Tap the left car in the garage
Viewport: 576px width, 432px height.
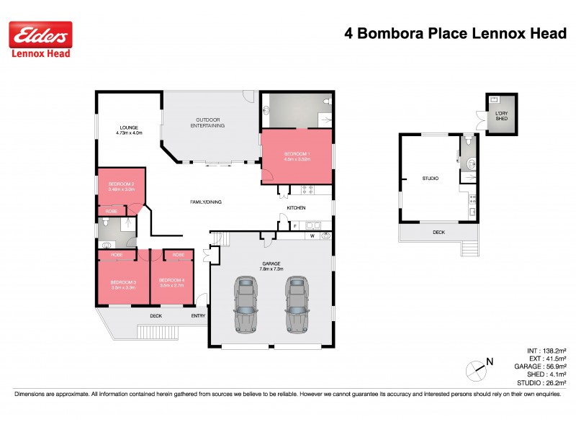[246, 303]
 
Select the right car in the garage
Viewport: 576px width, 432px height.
[297, 303]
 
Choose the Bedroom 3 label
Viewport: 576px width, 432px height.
[123, 283]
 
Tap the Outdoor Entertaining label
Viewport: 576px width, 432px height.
[209, 122]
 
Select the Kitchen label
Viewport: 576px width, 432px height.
[297, 208]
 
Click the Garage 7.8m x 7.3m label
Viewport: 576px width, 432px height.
[271, 266]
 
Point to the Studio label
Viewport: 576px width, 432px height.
[430, 178]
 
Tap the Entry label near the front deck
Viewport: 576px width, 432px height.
[198, 315]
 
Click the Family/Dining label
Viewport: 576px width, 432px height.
[206, 202]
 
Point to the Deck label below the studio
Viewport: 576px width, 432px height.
[438, 233]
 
